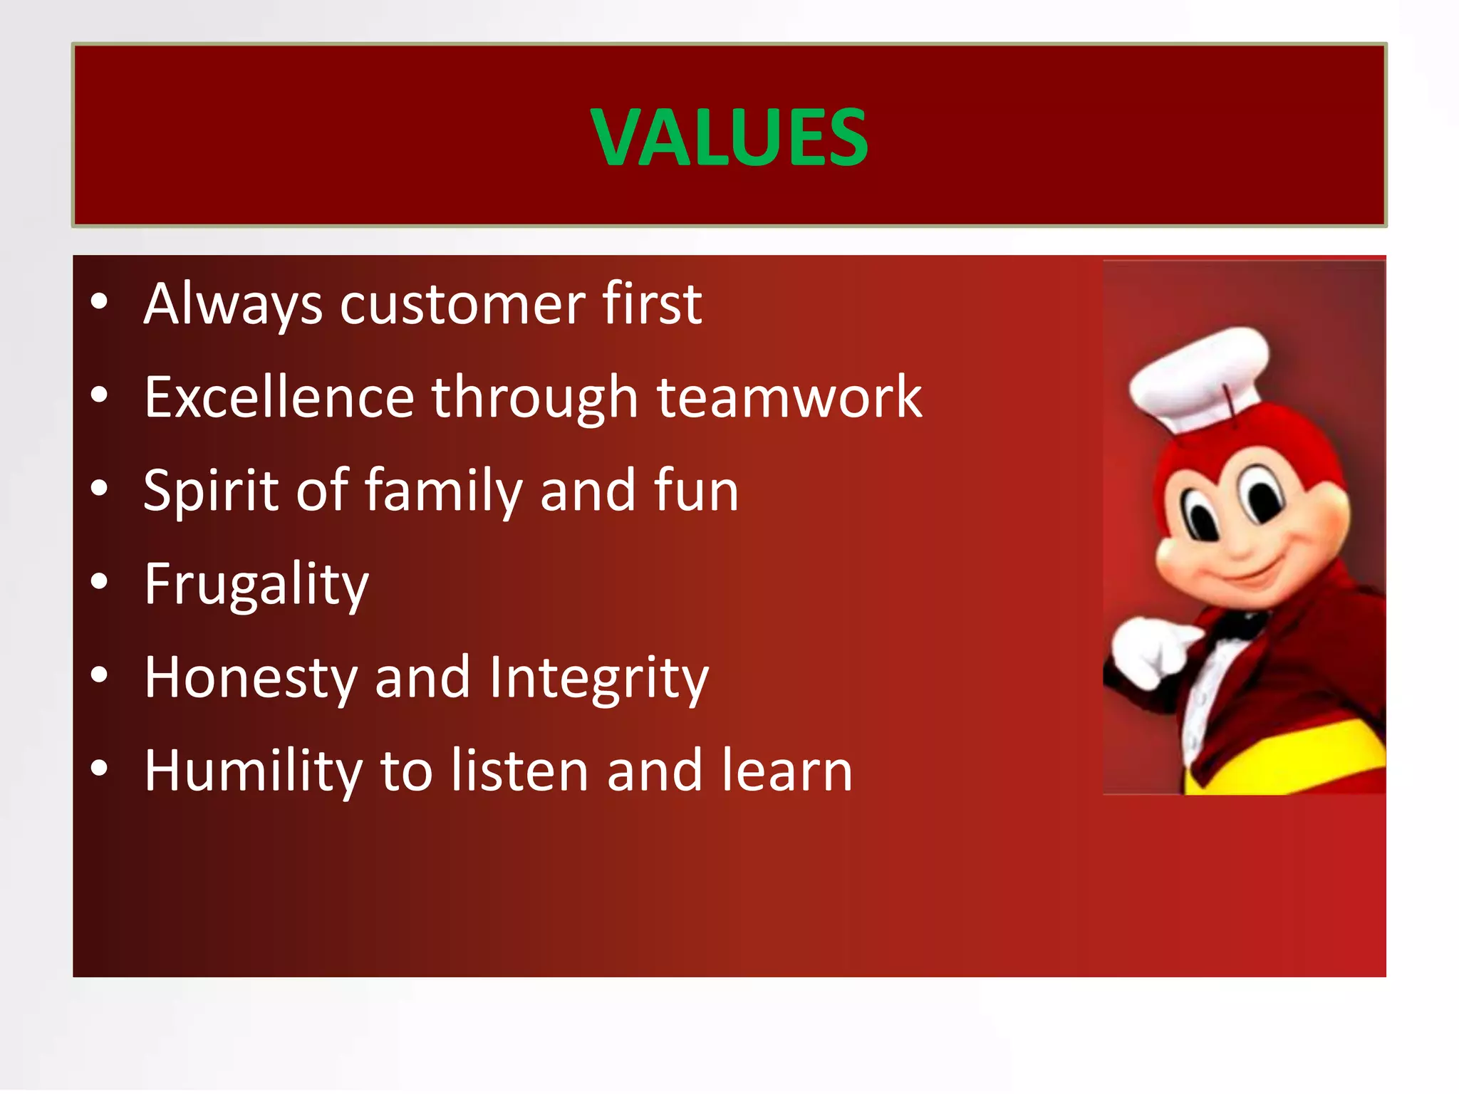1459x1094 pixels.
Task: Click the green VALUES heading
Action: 729,137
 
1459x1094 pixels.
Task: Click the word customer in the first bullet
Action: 462,305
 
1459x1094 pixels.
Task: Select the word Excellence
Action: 279,397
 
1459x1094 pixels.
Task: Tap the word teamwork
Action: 789,397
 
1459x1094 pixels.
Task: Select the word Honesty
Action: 250,678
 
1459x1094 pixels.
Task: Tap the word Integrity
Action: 598,678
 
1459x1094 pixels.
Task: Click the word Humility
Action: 253,771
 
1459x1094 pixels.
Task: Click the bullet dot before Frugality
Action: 99,582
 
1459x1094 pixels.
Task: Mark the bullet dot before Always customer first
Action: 99,301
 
